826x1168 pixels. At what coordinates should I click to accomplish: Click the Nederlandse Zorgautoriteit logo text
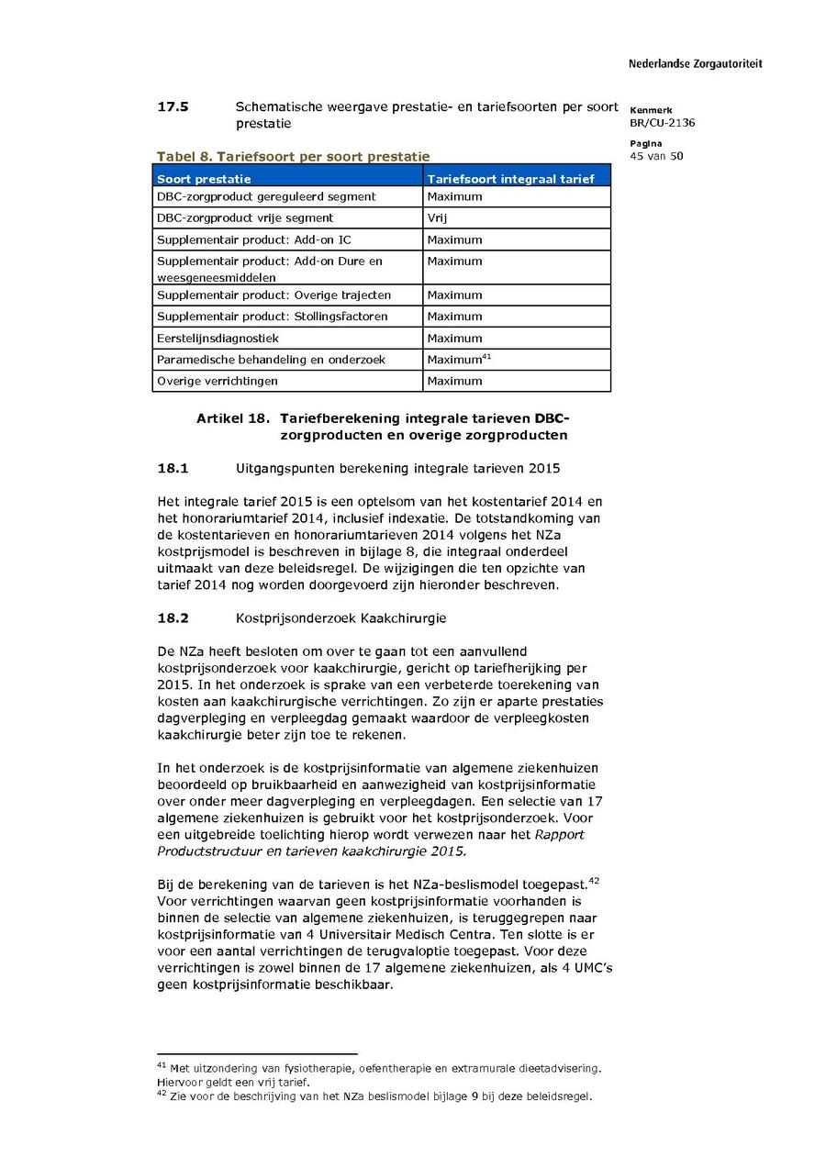pyautogui.click(x=695, y=64)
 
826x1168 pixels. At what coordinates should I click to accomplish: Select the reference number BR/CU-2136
pyautogui.click(x=662, y=123)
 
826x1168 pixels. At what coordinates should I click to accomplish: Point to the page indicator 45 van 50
pyautogui.click(x=656, y=156)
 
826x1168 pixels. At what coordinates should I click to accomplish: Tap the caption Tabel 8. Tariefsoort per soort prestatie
pyautogui.click(x=293, y=157)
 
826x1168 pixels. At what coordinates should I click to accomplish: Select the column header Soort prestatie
pyautogui.click(x=204, y=179)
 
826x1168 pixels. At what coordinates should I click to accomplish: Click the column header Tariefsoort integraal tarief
pyautogui.click(x=510, y=179)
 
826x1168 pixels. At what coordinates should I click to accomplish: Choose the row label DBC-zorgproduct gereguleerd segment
pyautogui.click(x=266, y=196)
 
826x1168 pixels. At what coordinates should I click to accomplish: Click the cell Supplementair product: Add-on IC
pyautogui.click(x=253, y=239)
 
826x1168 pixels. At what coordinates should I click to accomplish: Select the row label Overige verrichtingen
pyautogui.click(x=217, y=381)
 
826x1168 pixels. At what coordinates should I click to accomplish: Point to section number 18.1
pyautogui.click(x=173, y=468)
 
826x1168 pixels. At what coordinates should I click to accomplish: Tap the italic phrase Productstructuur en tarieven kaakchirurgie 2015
pyautogui.click(x=311, y=851)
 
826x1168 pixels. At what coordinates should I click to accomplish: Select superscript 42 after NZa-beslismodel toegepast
pyautogui.click(x=593, y=882)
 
